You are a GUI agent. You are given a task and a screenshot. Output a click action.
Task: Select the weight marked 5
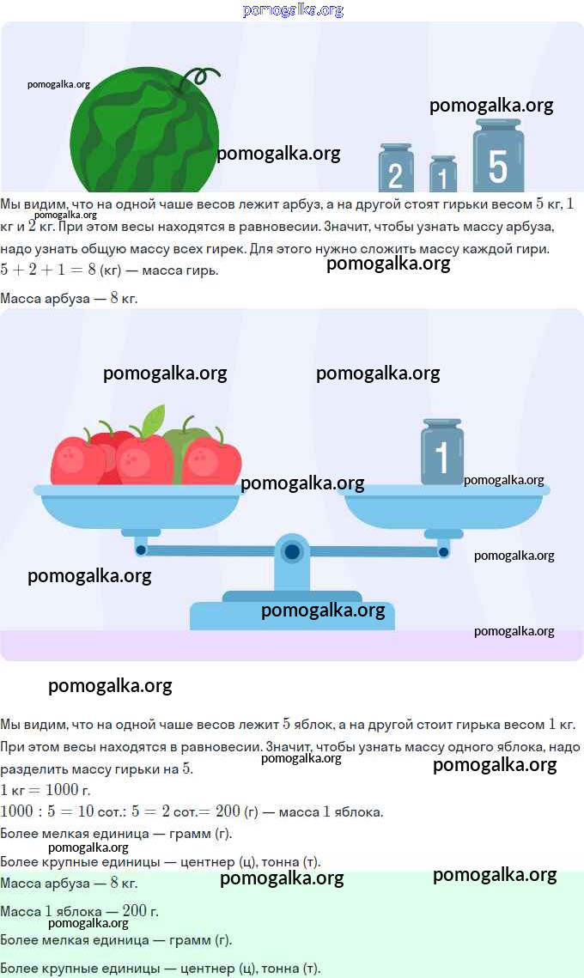tap(498, 157)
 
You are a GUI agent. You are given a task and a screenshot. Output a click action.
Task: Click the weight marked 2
tap(396, 168)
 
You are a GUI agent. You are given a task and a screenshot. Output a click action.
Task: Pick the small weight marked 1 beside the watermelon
tap(443, 174)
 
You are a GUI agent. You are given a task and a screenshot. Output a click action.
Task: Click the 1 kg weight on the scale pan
tap(442, 453)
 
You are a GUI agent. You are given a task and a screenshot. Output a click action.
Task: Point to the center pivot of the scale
tap(291, 551)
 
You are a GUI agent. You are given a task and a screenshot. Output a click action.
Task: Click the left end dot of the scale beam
tap(141, 550)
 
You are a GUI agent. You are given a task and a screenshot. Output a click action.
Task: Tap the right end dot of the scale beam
tap(444, 552)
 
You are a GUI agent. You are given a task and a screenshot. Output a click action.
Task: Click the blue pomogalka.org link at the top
tap(293, 10)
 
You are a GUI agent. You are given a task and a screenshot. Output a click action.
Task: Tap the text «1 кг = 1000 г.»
tap(46, 790)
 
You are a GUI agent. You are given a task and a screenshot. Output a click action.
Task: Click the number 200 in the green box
tap(134, 911)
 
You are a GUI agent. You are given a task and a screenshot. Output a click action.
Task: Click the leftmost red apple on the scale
tap(76, 461)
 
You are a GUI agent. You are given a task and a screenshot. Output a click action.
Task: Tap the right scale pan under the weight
tap(444, 506)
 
